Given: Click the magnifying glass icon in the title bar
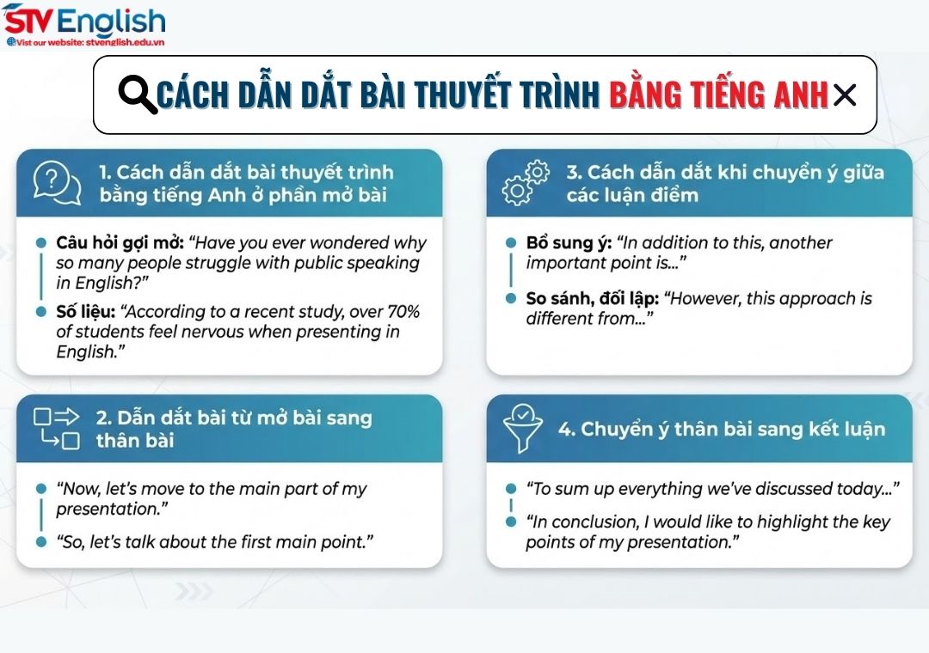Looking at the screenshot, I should tap(137, 95).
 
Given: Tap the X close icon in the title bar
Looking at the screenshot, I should tap(845, 95).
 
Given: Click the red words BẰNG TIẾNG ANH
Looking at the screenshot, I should tap(718, 95).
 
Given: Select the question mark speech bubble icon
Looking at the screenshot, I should tap(57, 184).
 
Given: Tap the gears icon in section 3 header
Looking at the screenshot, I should tap(526, 183).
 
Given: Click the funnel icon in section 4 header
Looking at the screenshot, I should tap(525, 429).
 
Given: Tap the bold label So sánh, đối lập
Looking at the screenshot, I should tap(594, 299).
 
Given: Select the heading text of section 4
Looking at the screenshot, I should tap(722, 429).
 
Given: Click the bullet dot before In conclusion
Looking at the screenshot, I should tap(510, 522).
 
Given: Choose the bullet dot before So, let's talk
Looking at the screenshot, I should tap(40, 541).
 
